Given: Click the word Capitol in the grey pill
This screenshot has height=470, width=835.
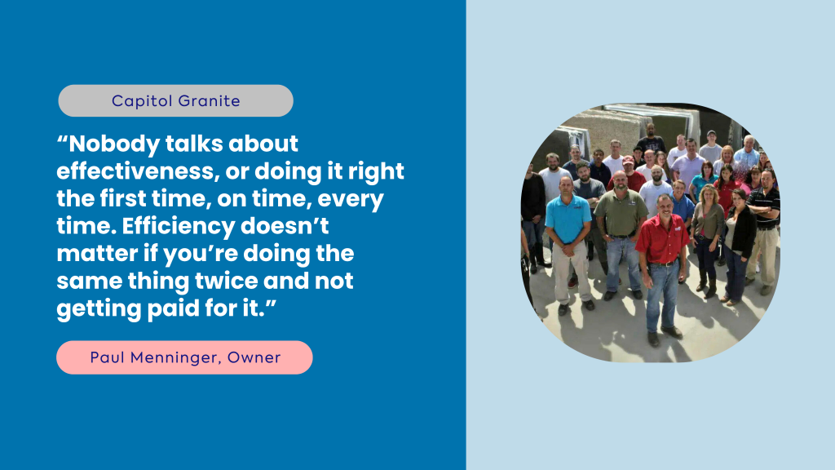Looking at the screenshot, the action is click(142, 100).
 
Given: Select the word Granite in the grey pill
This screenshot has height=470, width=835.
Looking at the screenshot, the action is click(210, 100).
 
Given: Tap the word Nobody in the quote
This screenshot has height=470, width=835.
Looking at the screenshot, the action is click(114, 144).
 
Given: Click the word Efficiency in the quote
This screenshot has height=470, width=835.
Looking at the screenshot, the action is click(179, 227).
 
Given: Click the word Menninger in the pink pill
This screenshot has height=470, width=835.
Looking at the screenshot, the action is click(176, 357).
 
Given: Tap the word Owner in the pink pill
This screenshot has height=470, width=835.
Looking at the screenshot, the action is click(254, 357).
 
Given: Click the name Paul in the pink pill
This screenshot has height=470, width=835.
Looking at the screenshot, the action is click(107, 357).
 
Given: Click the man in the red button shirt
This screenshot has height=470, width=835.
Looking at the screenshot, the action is click(662, 269).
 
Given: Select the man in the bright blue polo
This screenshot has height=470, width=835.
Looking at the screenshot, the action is click(568, 242).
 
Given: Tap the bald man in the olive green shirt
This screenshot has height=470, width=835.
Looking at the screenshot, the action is click(621, 234).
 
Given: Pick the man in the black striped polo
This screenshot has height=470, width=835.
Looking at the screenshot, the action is click(764, 230).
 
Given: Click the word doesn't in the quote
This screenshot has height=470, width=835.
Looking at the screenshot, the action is click(285, 226).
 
